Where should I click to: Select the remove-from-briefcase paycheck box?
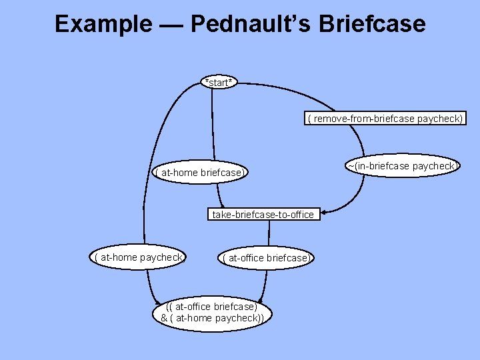[385, 119]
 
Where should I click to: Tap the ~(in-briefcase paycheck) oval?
[403, 166]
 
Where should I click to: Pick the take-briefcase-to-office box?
[262, 215]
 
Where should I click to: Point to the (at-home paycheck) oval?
[139, 257]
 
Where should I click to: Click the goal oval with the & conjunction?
[211, 312]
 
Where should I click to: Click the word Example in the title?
[103, 25]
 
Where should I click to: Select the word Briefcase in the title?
[371, 25]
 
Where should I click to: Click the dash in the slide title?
[170, 25]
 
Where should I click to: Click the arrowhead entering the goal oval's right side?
[261, 301]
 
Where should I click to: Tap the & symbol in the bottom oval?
[164, 318]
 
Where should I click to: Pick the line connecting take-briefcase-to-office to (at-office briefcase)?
[269, 235]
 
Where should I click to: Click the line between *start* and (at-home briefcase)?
[213, 127]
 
